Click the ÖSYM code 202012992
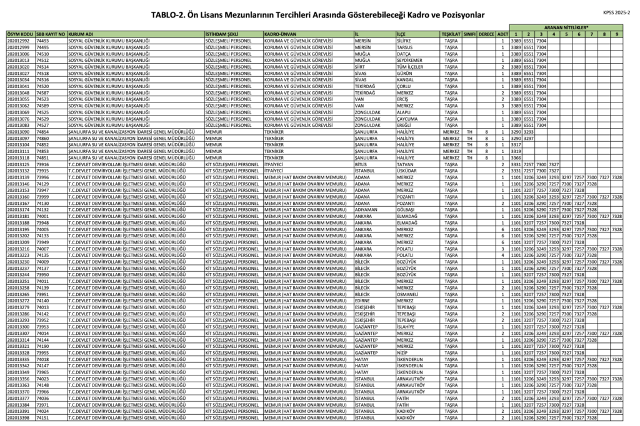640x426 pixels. tap(19, 39)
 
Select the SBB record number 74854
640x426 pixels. tap(43, 132)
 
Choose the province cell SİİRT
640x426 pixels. tap(359, 66)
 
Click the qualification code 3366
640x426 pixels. tap(516, 159)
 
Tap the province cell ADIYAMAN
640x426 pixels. tap(365, 211)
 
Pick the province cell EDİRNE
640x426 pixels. tap(361, 300)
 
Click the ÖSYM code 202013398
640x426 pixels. tap(19, 418)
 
